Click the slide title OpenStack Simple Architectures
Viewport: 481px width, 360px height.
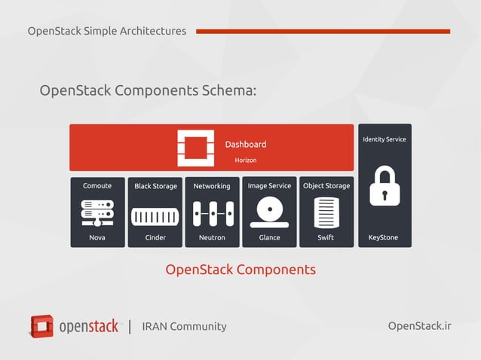(106, 31)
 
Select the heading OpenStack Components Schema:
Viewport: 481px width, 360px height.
(148, 90)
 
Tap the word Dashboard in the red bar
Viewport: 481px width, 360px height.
(245, 145)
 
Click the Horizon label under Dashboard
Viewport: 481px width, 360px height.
(245, 160)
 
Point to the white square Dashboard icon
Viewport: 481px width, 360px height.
(195, 148)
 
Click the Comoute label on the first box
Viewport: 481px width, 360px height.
(97, 186)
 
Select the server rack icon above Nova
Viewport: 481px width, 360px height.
(97, 213)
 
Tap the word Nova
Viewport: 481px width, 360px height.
(97, 237)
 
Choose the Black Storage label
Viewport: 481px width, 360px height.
(155, 186)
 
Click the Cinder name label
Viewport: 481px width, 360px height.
(155, 237)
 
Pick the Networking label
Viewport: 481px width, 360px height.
(212, 186)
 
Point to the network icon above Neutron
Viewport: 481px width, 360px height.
(212, 215)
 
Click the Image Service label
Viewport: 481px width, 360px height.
(269, 186)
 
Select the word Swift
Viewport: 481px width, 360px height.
(326, 237)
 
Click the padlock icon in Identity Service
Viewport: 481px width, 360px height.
(384, 187)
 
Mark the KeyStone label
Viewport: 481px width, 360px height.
(384, 237)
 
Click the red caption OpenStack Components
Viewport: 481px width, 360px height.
(240, 270)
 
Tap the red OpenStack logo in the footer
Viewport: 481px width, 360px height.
(42, 326)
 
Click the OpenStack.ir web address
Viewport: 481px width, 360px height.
(419, 325)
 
